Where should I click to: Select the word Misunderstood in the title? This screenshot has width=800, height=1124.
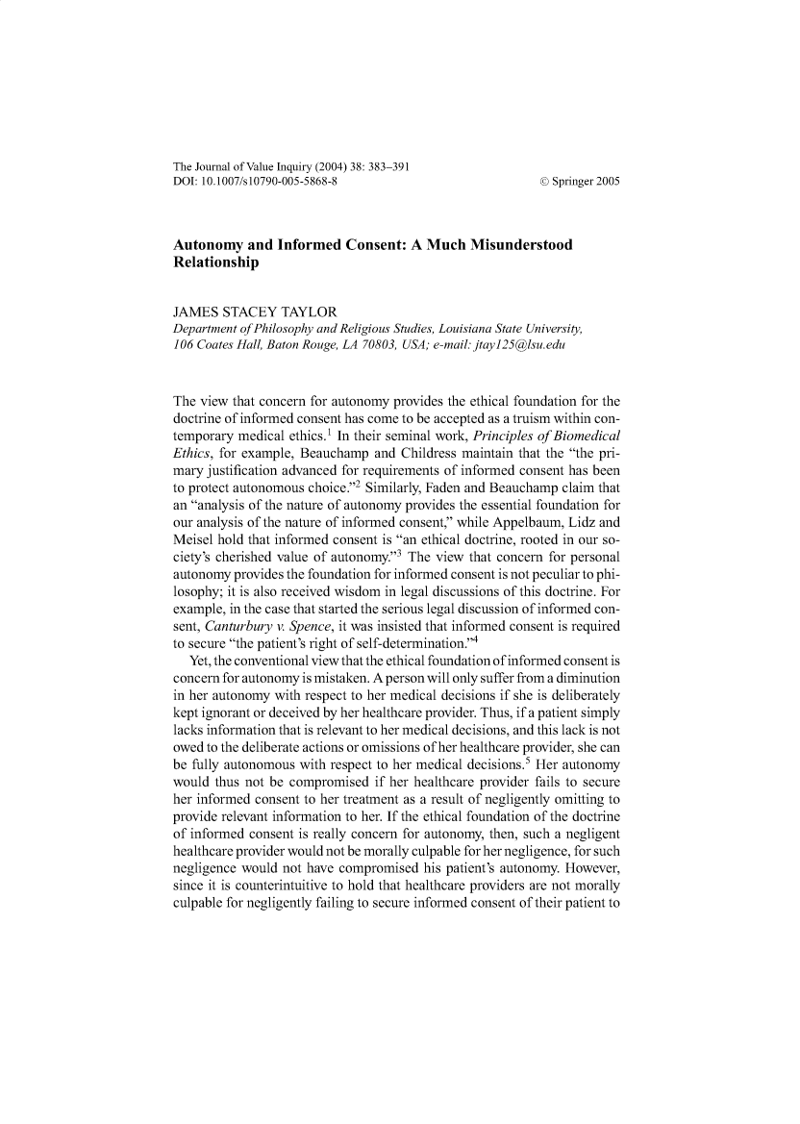click(508, 246)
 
